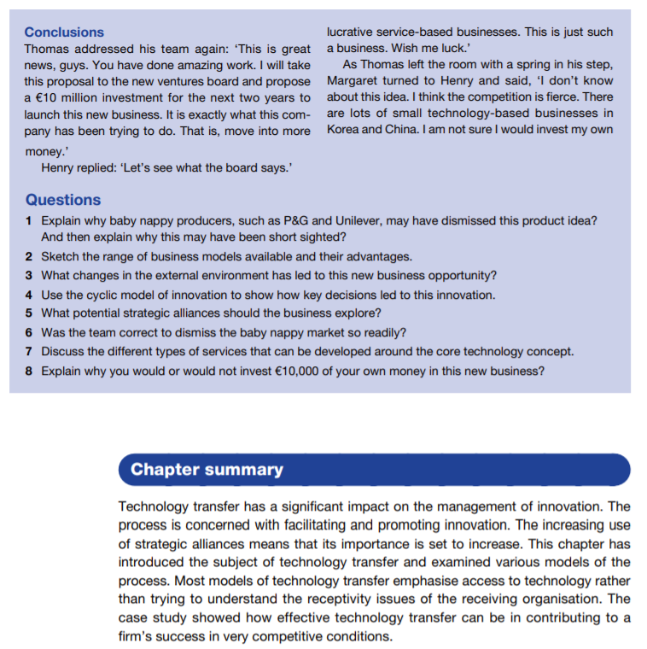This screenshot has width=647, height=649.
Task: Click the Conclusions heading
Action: [64, 32]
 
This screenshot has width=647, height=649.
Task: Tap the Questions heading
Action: [62, 200]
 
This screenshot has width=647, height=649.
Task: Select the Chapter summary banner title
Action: [207, 469]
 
